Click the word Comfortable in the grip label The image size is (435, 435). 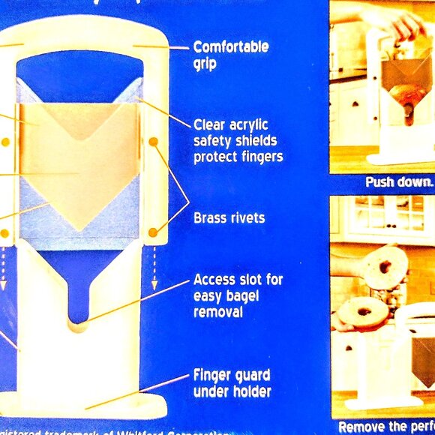point(230,46)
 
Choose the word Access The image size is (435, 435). point(215,279)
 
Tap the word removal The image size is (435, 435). point(218,311)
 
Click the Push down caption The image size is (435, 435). point(399,182)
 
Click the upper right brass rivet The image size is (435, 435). point(153,141)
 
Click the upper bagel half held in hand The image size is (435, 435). point(384,267)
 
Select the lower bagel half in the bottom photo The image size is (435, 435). point(363,311)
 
